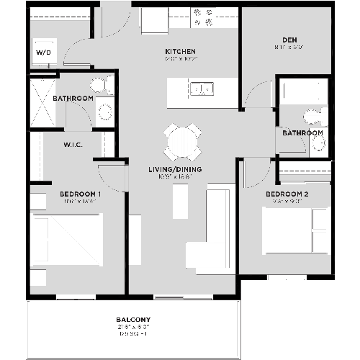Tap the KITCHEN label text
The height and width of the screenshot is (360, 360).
[180, 52]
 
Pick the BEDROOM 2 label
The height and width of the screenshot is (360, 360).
[287, 194]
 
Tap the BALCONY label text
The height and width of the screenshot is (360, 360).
[133, 320]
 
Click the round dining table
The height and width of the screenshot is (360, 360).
[183, 140]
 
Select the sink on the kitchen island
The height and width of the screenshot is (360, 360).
[201, 89]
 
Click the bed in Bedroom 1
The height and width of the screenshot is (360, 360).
[66, 240]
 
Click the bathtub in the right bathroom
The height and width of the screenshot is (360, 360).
[301, 91]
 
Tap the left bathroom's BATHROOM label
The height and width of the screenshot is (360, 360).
[72, 98]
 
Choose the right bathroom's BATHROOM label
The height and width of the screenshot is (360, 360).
[302, 133]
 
